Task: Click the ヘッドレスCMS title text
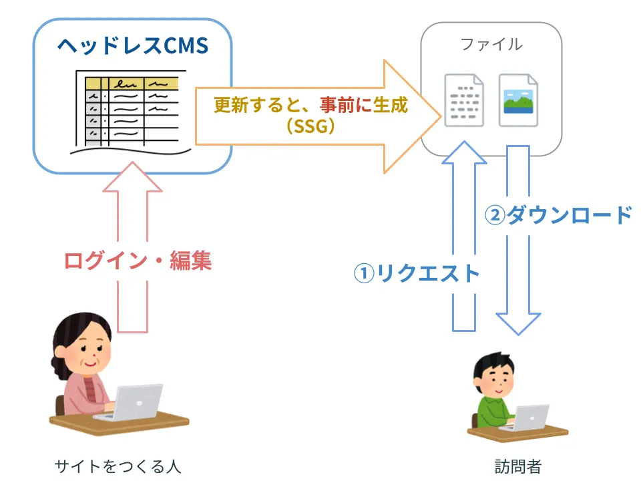[x=133, y=45]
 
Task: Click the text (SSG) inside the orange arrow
[x=310, y=126]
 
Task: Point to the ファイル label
[x=491, y=45]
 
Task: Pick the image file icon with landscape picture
[x=518, y=100]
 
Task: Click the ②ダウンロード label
[x=558, y=215]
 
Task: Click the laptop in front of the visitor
[x=527, y=418]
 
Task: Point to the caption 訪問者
[x=518, y=466]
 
